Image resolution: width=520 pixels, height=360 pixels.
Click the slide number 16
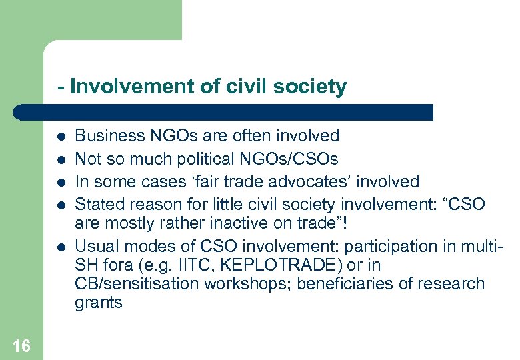[21, 345]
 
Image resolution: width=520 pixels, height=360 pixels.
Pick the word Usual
[94, 245]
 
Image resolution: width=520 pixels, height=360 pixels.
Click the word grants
[99, 303]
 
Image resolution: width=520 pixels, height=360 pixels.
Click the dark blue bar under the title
[227, 112]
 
